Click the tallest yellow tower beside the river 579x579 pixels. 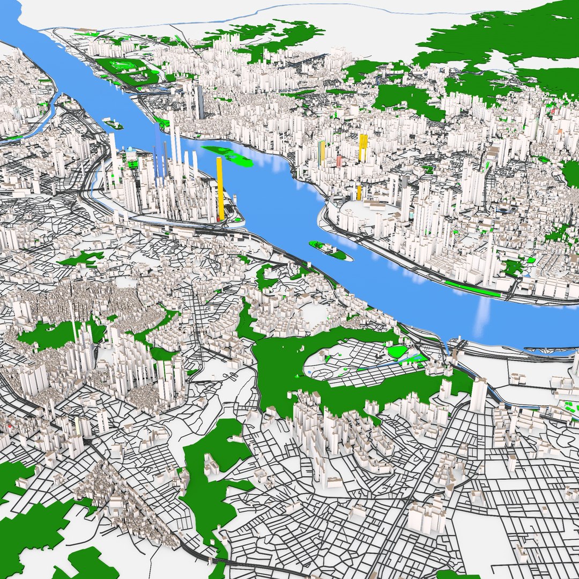[219, 188]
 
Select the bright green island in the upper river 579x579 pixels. [228, 155]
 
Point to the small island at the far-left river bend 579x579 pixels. [113, 124]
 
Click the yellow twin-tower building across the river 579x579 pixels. [363, 147]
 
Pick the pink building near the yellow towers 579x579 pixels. [339, 161]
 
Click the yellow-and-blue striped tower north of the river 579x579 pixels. [322, 153]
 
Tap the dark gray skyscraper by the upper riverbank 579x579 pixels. [199, 102]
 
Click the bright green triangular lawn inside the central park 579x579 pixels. [397, 352]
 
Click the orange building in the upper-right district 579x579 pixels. [559, 131]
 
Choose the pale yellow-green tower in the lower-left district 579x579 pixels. [77, 427]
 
